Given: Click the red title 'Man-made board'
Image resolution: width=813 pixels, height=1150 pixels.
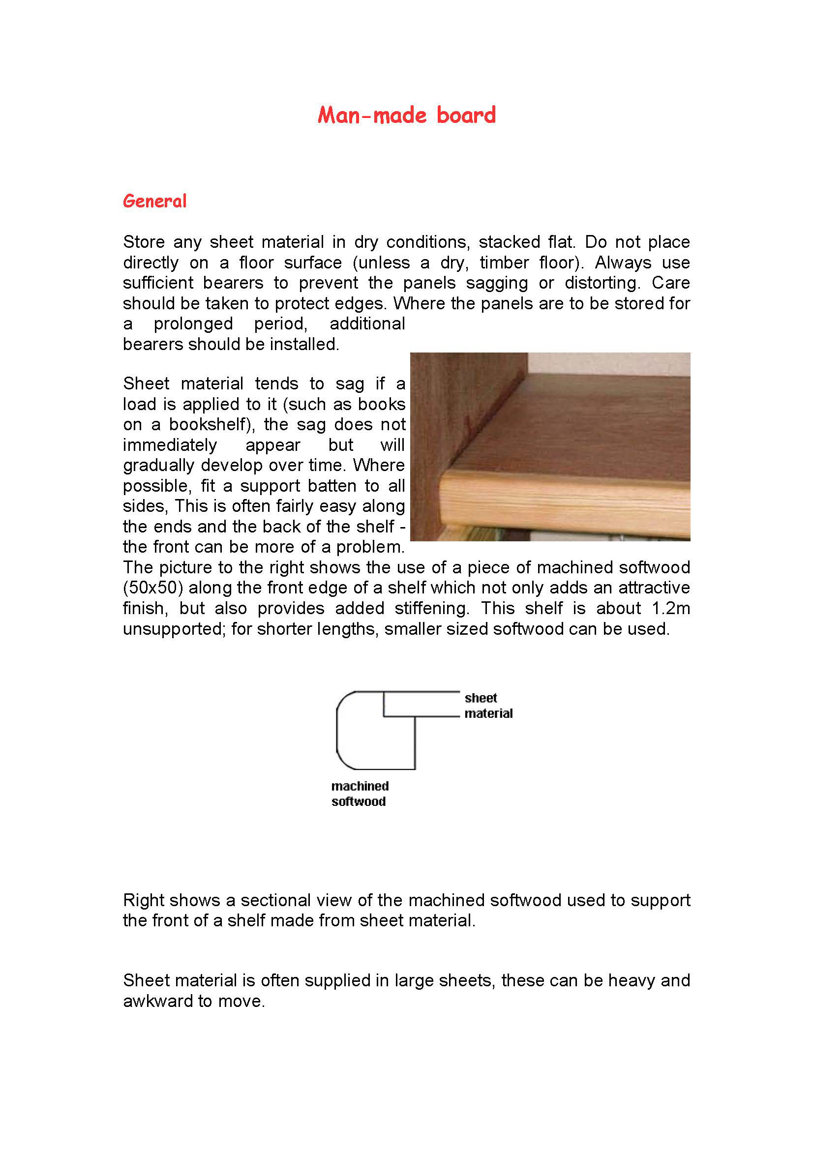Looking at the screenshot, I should coord(406,115).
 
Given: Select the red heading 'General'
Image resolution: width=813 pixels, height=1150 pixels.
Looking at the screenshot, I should coord(155,202).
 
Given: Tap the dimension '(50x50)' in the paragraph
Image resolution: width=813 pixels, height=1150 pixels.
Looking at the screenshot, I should coord(153,588).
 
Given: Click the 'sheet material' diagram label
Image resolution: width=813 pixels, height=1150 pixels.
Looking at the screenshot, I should coord(487,706).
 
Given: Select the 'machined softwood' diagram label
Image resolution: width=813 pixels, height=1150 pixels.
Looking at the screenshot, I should coord(360,794).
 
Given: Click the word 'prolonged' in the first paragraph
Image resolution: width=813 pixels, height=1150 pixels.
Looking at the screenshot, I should coord(193,324).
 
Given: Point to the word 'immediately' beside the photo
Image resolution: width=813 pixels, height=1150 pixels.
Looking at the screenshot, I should coord(170,445).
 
